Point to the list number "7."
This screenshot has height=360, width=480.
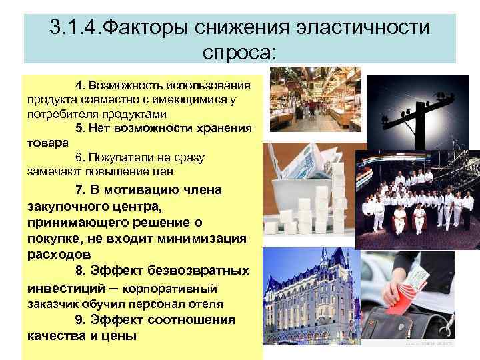(x=81, y=191)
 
